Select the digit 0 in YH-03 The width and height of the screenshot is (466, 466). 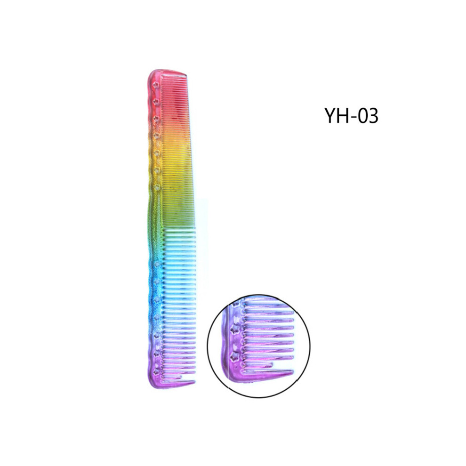[362, 115]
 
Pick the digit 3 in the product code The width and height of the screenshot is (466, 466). [374, 115]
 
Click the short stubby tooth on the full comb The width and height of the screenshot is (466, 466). [172, 377]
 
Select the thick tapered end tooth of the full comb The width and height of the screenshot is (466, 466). [178, 383]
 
